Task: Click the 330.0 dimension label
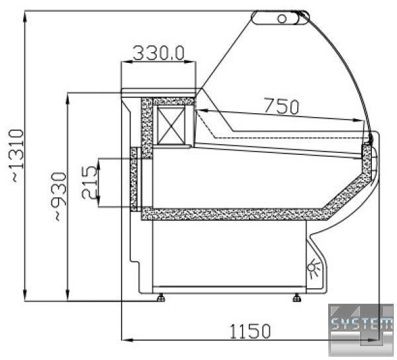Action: pyautogui.click(x=159, y=53)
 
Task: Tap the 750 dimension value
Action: pyautogui.click(x=281, y=106)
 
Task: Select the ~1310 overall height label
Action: pyautogui.click(x=16, y=156)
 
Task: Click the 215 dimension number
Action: pyautogui.click(x=89, y=182)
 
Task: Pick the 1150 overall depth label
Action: pyautogui.click(x=250, y=331)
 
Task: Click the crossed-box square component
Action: pyautogui.click(x=170, y=126)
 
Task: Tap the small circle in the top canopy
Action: pyautogui.click(x=282, y=19)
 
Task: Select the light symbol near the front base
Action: pyautogui.click(x=314, y=268)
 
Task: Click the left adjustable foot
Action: pyautogui.click(x=161, y=298)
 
